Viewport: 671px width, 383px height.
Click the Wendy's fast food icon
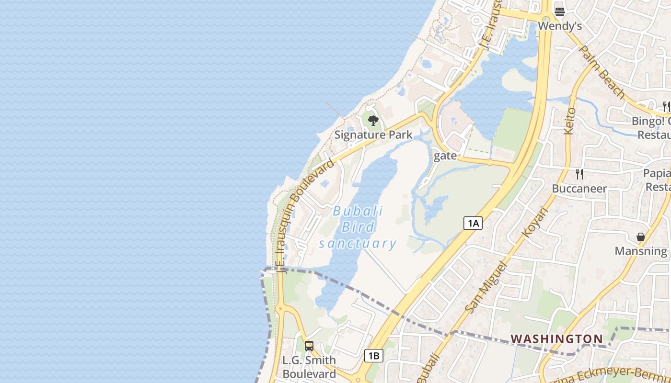click(x=559, y=11)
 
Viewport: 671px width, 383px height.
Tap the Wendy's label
click(x=560, y=26)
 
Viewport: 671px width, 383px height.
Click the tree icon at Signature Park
click(x=373, y=121)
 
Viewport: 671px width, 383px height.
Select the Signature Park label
click(x=373, y=135)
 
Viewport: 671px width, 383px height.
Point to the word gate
click(x=445, y=156)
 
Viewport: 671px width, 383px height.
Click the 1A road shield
click(x=473, y=223)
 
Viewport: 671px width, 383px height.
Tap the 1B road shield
click(x=373, y=356)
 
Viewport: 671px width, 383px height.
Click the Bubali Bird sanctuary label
click(x=358, y=227)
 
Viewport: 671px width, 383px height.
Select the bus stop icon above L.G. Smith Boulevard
click(x=309, y=346)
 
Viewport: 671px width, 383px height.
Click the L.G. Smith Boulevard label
click(x=309, y=367)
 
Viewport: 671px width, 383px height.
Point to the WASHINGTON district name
click(x=556, y=339)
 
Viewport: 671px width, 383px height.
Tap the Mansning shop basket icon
click(x=641, y=237)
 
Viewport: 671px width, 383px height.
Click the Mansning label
click(x=641, y=251)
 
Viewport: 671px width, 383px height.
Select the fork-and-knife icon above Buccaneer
click(x=579, y=174)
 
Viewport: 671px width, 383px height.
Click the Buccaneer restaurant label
click(x=579, y=188)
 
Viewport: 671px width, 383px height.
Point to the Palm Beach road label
click(x=602, y=72)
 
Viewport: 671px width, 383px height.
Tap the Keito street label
click(x=570, y=121)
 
